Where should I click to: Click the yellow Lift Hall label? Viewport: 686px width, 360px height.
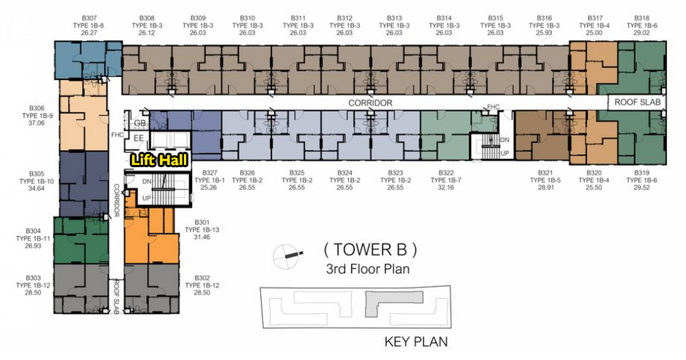[160, 160]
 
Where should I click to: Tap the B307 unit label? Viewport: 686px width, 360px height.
[89, 18]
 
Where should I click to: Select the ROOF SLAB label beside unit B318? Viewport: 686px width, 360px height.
[638, 103]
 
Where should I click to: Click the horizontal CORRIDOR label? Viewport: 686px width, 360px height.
[370, 103]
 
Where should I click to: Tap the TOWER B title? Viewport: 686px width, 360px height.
[370, 249]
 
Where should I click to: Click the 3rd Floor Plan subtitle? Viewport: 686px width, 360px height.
[368, 268]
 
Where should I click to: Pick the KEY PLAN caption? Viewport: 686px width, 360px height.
[416, 342]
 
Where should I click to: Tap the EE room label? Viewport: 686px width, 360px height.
[139, 139]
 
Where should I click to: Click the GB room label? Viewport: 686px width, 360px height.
[139, 123]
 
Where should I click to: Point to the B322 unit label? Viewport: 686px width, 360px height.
[446, 173]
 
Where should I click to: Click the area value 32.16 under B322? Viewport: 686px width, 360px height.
[446, 187]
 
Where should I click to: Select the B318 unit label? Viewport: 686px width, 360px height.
[642, 18]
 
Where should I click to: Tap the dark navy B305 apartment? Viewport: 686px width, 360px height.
[84, 184]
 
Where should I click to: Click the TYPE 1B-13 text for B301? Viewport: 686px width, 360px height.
[202, 229]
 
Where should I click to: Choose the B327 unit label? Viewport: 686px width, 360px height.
[209, 173]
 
